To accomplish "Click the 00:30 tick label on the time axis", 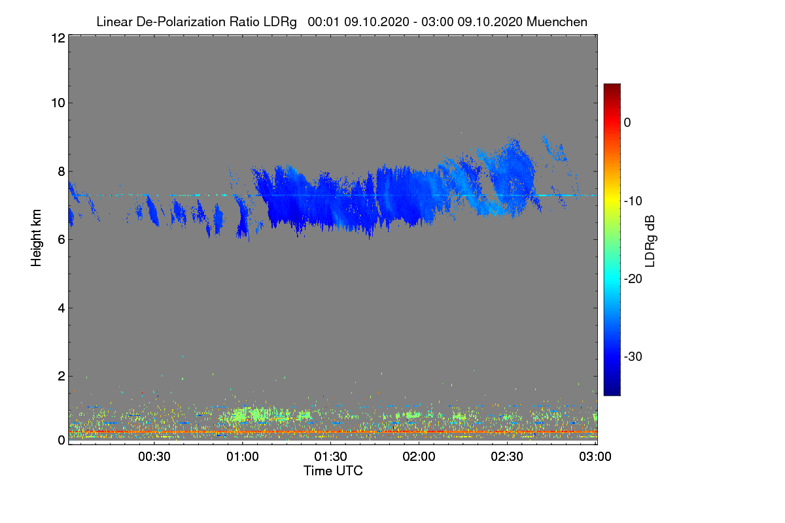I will (x=154, y=456).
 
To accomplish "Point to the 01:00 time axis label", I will (x=243, y=456).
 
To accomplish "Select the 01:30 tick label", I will (x=331, y=456).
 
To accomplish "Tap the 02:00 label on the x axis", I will (x=419, y=456).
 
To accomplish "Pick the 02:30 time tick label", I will (x=508, y=456).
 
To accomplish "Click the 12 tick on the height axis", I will (x=57, y=38).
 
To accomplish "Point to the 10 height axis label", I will (x=57, y=103).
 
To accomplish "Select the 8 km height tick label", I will (x=60, y=171).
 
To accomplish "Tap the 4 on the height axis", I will (x=60, y=308).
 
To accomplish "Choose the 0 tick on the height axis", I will (x=60, y=440).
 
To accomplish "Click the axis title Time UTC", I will (x=332, y=471).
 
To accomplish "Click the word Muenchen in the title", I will (x=557, y=22).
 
